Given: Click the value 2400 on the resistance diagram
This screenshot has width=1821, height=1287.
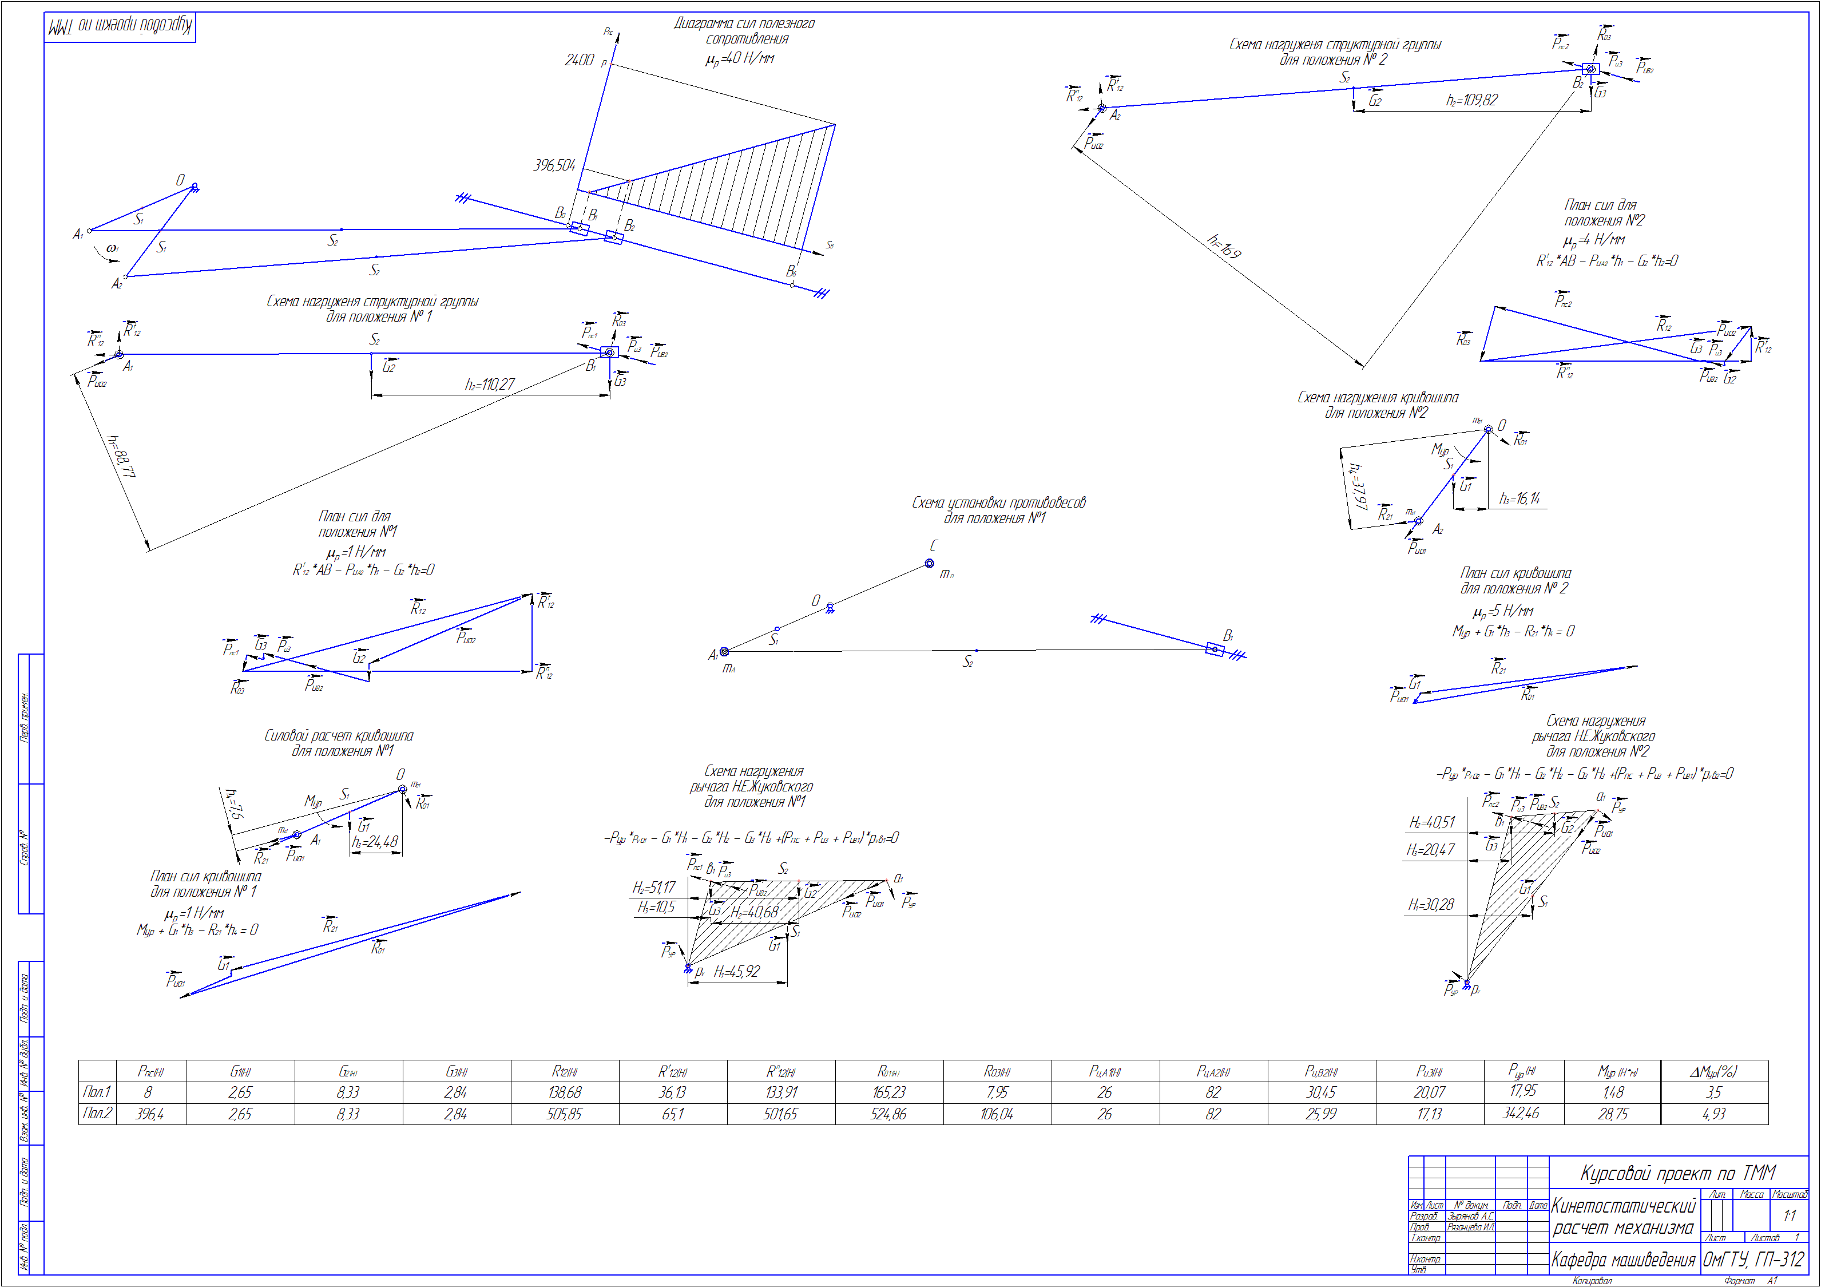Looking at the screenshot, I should pos(579,60).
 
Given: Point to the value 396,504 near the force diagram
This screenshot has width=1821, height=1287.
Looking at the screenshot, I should pos(554,165).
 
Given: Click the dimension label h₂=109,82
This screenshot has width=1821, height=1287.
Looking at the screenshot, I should pos(1471,100).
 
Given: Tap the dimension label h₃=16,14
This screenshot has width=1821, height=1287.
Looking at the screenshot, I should pos(1519,498).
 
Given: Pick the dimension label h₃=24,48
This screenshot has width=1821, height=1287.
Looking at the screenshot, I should pos(375,842).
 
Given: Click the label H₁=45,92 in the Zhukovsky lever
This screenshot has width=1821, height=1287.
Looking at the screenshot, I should pos(736,971).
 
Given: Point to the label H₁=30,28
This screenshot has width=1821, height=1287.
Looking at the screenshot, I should pos(1431,905).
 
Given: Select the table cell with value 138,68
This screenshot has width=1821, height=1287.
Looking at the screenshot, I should pos(564,1092).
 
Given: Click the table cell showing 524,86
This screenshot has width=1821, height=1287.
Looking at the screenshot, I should pos(888,1114).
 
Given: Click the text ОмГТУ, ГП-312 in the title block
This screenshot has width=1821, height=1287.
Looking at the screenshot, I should pos(1753,1259).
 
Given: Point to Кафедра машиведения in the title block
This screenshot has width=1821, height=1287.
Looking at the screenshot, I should pos(1622,1259).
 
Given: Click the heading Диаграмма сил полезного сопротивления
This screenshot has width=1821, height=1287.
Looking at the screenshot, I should pos(744,31).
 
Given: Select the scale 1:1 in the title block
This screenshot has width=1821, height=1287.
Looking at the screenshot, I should pos(1790,1215).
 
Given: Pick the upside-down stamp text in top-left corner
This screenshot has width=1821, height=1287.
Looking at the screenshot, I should pos(120,27).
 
